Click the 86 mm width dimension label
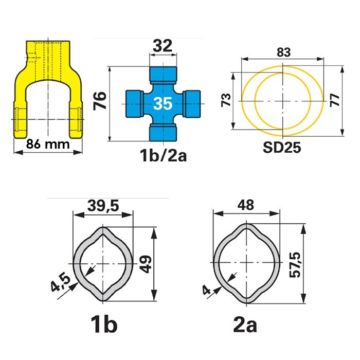coord(48,145)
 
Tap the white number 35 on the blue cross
coord(163,103)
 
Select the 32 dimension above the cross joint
coord(163,46)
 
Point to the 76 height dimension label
coord(100,101)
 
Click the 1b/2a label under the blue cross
coord(163,155)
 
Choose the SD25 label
coord(282,147)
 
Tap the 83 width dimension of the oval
coord(283,52)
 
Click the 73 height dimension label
coord(226,100)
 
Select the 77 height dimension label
coord(335,100)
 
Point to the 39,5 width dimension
coord(103,206)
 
